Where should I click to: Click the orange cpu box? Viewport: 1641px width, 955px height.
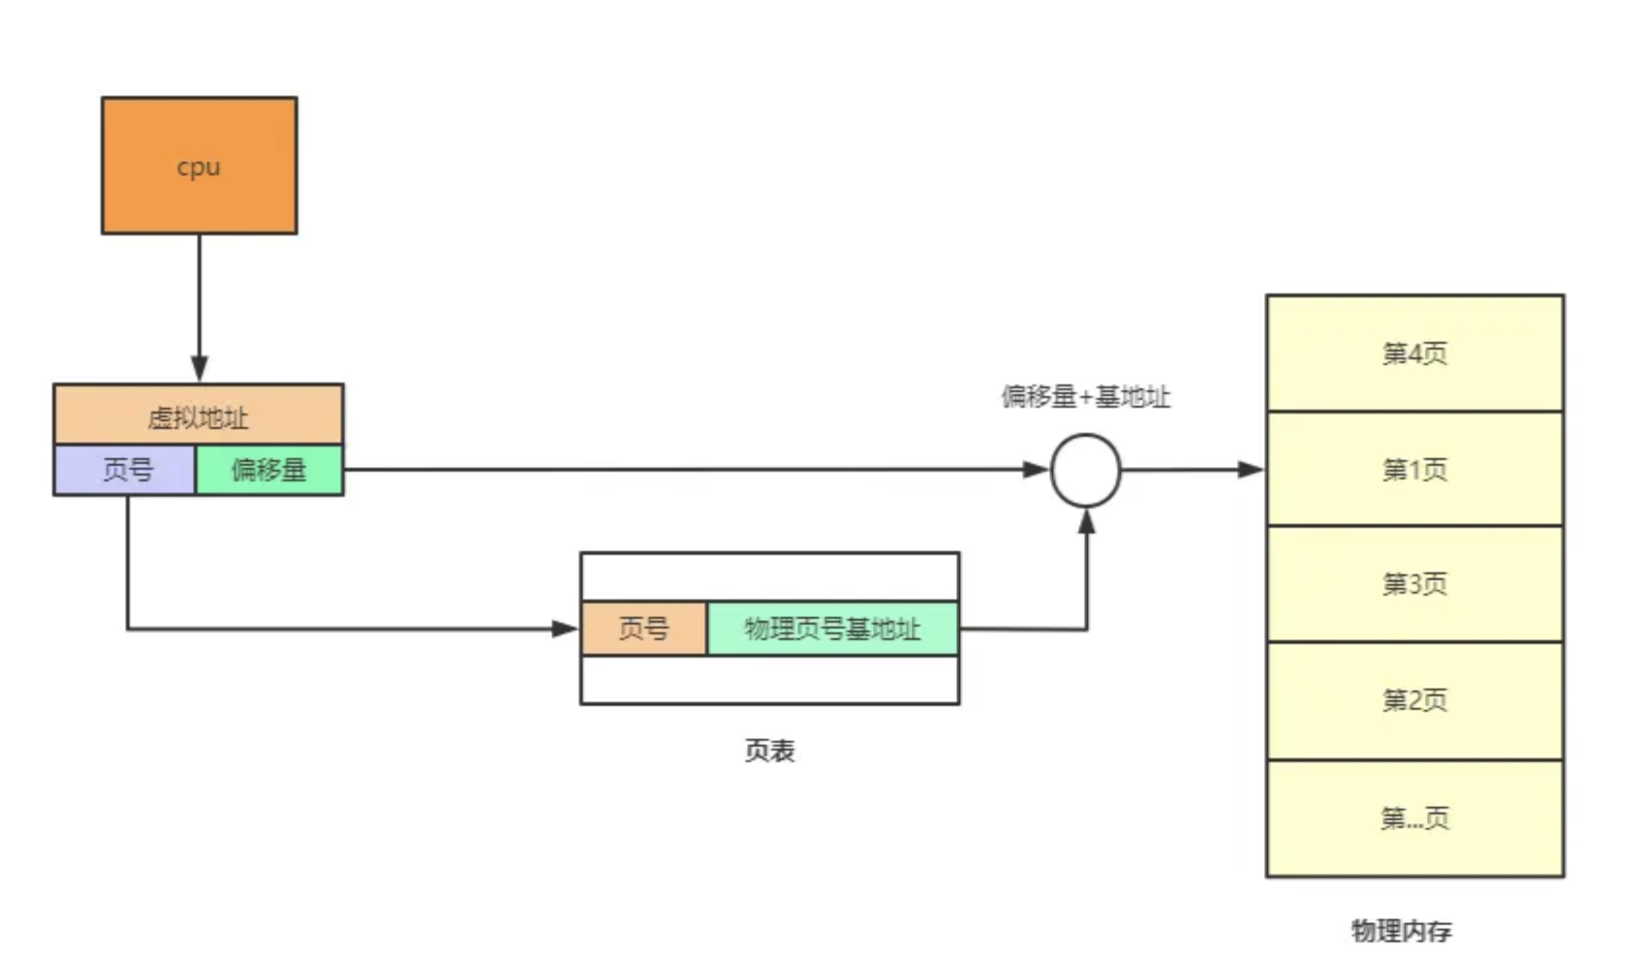pyautogui.click(x=199, y=166)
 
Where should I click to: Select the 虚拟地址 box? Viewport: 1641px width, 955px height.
pyautogui.click(x=199, y=416)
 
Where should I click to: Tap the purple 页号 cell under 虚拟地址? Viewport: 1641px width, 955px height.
pyautogui.click(x=126, y=470)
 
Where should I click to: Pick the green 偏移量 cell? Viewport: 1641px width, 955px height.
pyautogui.click(x=269, y=470)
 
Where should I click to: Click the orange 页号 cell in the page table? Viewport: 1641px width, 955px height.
pyautogui.click(x=644, y=629)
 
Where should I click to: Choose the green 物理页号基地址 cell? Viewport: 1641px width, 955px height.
pyautogui.click(x=832, y=629)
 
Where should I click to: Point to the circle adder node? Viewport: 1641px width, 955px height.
pyautogui.click(x=1086, y=471)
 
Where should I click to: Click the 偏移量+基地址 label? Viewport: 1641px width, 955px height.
pyautogui.click(x=1085, y=397)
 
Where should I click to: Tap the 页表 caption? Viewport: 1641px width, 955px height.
pyautogui.click(x=769, y=751)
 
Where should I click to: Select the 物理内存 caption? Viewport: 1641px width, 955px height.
pyautogui.click(x=1401, y=931)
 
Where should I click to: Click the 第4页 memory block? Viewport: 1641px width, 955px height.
pyautogui.click(x=1414, y=354)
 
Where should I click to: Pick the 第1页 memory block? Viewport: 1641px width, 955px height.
pyautogui.click(x=1414, y=470)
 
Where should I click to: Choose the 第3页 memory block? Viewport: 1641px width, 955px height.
pyautogui.click(x=1414, y=584)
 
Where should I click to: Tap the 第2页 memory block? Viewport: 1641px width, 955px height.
pyautogui.click(x=1414, y=700)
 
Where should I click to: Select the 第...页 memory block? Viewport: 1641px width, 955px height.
pyautogui.click(x=1414, y=819)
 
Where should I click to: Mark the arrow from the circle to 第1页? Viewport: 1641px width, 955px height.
pyautogui.click(x=1192, y=470)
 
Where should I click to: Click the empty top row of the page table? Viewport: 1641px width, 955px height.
pyautogui.click(x=769, y=577)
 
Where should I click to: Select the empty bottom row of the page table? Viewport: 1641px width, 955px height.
pyautogui.click(x=769, y=680)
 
